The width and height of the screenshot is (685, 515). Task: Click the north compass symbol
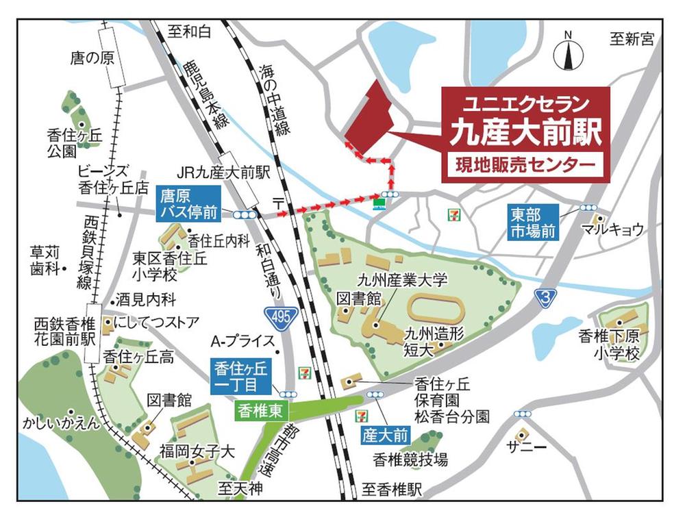tap(568, 52)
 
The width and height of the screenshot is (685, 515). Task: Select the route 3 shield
tap(544, 297)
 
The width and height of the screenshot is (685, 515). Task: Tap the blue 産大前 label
tap(385, 434)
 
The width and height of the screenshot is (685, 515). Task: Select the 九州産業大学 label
tap(402, 279)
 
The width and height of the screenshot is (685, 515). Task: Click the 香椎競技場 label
tap(410, 459)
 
